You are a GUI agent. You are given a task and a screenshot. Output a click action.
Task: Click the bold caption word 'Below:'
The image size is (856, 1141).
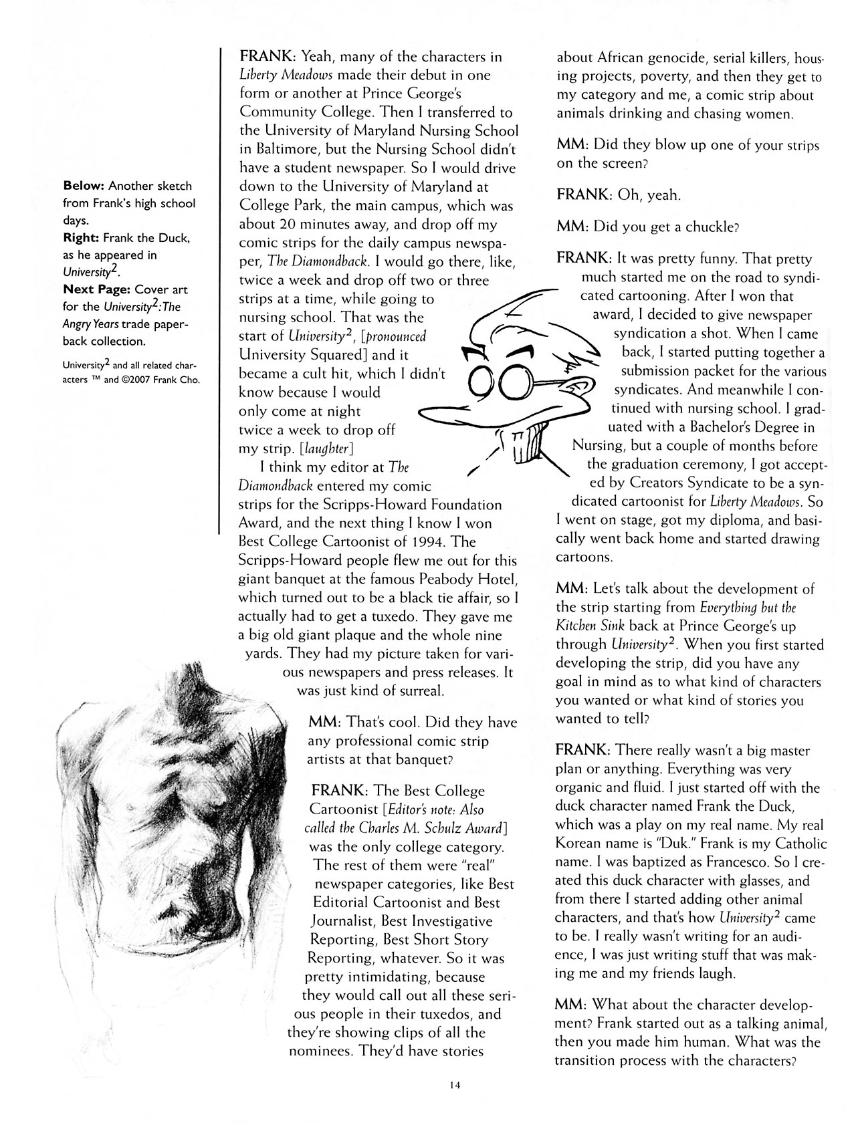tap(84, 185)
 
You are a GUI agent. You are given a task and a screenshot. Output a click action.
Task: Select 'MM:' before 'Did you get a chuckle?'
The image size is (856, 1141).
tap(572, 227)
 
